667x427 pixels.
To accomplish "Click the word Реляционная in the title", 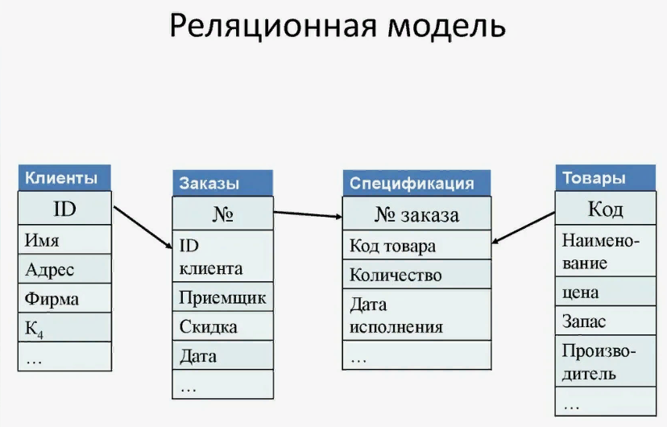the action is pos(273,27).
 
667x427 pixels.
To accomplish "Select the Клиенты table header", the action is pos(64,178).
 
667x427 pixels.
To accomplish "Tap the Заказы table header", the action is pos(222,184).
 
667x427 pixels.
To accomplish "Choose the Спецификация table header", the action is pos(417,184).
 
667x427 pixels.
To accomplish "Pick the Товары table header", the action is pos(606,178).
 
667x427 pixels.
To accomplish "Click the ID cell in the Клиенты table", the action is pos(64,208).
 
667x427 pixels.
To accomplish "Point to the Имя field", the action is pos(64,240).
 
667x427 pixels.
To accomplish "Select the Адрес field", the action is pos(64,269).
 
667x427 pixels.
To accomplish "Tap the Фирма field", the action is pos(64,299).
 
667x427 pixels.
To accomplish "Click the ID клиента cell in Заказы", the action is pos(222,256).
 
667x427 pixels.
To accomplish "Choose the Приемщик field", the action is pos(222,296).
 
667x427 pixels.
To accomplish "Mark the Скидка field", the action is pos(222,326).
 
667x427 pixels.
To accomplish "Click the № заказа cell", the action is pos(417,214).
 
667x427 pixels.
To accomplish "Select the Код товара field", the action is pos(417,246).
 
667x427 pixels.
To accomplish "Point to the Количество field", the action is pos(417,275).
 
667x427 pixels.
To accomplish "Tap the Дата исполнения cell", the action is pos(417,315).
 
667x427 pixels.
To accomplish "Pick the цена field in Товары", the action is pos(606,292).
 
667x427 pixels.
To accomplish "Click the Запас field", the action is pos(606,321).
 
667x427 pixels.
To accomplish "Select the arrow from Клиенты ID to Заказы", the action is pos(143,227).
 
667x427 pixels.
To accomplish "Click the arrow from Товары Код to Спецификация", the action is pos(524,228).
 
